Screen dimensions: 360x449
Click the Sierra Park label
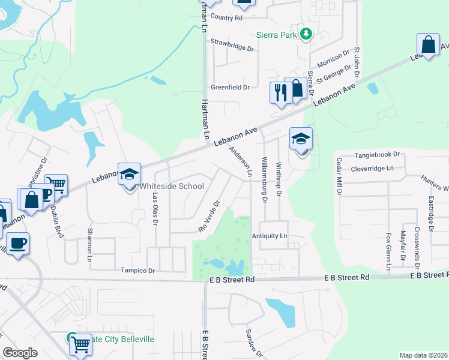[277, 35]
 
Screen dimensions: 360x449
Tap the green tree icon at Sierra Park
[306, 34]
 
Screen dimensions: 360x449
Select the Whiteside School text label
[172, 186]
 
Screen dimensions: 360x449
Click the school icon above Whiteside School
[129, 175]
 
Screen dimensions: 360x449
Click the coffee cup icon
[17, 243]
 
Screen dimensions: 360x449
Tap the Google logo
[20, 353]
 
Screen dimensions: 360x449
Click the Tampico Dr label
[137, 271]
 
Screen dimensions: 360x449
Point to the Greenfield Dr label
[230, 88]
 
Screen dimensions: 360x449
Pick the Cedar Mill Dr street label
[339, 177]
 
